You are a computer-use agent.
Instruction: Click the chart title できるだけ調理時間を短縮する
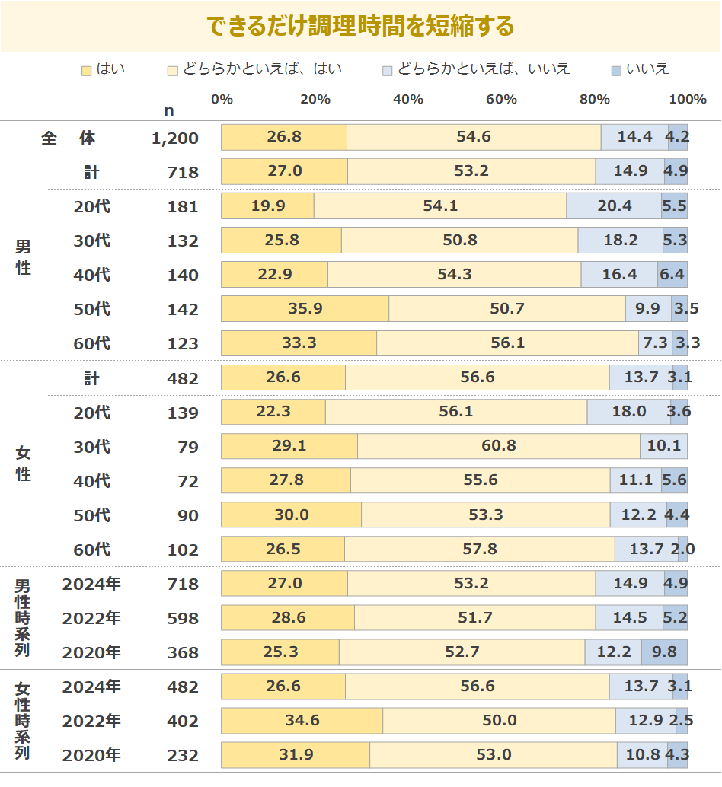pos(361,27)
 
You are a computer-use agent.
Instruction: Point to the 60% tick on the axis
pos(501,100)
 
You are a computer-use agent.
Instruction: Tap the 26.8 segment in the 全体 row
pos(284,137)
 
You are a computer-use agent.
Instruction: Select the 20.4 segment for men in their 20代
pos(614,206)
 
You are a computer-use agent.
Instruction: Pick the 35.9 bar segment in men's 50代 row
pos(305,309)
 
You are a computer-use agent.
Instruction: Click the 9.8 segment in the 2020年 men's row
pos(664,652)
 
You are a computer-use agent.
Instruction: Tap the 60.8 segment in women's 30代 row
pos(498,446)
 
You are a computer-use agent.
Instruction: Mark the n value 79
pos(187,447)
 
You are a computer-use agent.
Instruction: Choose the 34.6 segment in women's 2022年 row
pos(302,721)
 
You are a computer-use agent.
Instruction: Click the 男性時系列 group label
pos(23,618)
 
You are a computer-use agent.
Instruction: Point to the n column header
pos(168,111)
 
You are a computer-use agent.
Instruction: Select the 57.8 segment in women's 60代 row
pos(479,549)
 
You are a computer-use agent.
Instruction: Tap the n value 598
pos(183,618)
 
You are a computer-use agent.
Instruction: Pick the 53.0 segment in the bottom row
pos(493,755)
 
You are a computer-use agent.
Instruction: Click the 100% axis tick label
pos(687,100)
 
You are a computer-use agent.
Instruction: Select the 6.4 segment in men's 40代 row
pos(672,275)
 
